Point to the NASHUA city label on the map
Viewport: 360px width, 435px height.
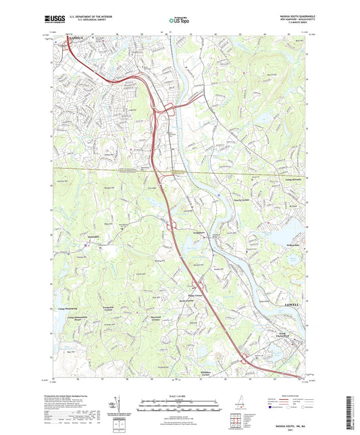coord(78,39)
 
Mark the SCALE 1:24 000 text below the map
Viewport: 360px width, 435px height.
coord(179,395)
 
